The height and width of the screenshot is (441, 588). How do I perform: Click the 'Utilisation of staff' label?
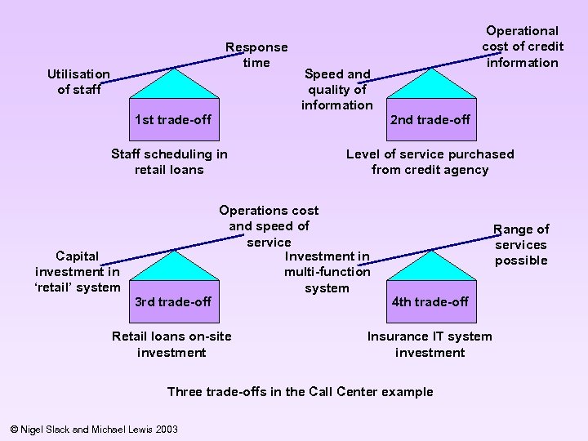[x=78, y=82]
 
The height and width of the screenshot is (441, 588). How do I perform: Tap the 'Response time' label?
[x=256, y=56]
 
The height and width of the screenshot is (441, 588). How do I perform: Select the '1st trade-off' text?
[x=173, y=120]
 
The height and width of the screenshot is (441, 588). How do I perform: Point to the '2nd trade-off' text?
[x=430, y=120]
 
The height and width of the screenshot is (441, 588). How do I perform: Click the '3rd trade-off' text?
[x=173, y=301]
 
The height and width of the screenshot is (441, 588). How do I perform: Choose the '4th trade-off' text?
[x=430, y=301]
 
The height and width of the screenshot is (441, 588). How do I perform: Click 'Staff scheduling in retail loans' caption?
[x=169, y=162]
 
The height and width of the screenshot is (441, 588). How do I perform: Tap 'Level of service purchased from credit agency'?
[x=430, y=162]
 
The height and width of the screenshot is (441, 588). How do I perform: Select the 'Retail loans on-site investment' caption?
[x=171, y=344]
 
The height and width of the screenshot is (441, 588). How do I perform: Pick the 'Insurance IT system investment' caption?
[x=430, y=344]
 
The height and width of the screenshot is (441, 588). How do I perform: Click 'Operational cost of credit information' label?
[x=522, y=47]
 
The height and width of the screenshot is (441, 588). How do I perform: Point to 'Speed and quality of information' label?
[x=337, y=89]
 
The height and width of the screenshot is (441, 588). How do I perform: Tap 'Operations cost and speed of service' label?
[x=269, y=226]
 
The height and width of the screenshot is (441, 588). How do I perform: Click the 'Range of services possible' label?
[x=521, y=245]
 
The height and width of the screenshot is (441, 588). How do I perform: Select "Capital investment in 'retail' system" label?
[x=78, y=271]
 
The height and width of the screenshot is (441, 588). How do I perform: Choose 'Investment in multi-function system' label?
[x=327, y=272]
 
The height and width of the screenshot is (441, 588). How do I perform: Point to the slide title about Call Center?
[x=300, y=391]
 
